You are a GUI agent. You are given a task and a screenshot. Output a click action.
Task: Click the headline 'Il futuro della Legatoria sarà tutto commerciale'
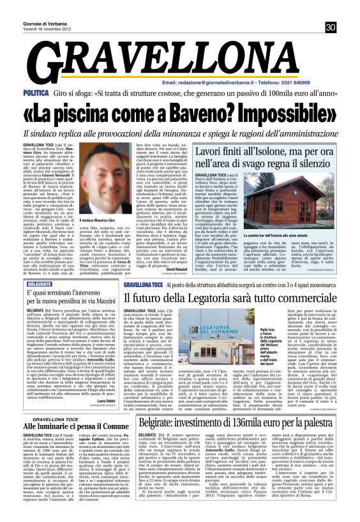tap(239, 299)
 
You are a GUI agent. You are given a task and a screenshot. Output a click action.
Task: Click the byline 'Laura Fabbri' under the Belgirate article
tap(106, 399)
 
